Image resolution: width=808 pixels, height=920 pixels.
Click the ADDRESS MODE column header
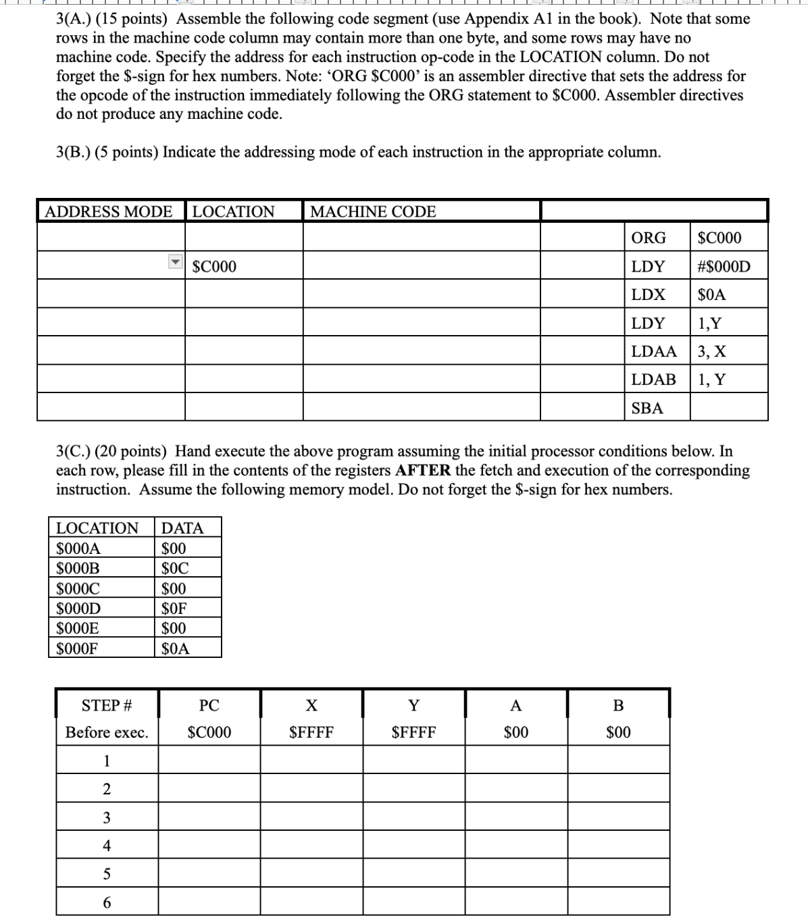pyautogui.click(x=109, y=211)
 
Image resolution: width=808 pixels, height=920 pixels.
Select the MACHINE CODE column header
pyautogui.click(x=373, y=211)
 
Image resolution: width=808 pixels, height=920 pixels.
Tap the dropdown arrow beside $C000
pyautogui.click(x=176, y=261)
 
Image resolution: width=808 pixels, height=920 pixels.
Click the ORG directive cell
pyautogui.click(x=648, y=238)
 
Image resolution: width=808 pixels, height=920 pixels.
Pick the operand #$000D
pyautogui.click(x=724, y=266)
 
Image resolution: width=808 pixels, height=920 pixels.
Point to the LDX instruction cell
pyautogui.click(x=648, y=295)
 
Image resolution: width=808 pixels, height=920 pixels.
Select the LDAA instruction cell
pyautogui.click(x=653, y=351)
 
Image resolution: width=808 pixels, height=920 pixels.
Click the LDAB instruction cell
pyautogui.click(x=653, y=380)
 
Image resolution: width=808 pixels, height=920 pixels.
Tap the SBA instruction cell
pyautogui.click(x=647, y=408)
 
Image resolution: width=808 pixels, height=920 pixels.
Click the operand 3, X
pyautogui.click(x=712, y=351)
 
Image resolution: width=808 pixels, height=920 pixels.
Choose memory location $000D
pyautogui.click(x=78, y=609)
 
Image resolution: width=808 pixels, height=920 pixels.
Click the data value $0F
pyautogui.click(x=174, y=609)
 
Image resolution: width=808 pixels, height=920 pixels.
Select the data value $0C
pyautogui.click(x=174, y=568)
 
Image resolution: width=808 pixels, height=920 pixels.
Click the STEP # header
pyautogui.click(x=107, y=706)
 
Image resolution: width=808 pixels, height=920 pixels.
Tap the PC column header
pyautogui.click(x=209, y=706)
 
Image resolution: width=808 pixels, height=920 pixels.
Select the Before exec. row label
pyautogui.click(x=107, y=732)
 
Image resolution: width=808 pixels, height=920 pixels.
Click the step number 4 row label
pyautogui.click(x=107, y=846)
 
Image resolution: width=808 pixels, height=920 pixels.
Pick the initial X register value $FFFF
pyautogui.click(x=311, y=732)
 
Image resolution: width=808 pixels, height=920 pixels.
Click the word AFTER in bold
pyautogui.click(x=423, y=470)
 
